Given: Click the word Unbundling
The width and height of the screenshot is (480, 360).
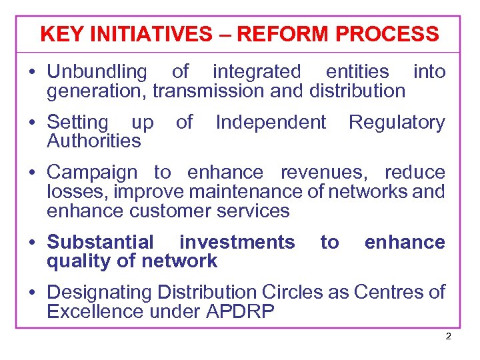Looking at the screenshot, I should pos(97,72).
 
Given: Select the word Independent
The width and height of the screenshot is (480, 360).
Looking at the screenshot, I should pos(271,123).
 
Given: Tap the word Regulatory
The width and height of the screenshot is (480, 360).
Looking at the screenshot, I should pos(397,123).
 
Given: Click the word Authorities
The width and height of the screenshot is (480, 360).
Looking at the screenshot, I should pos(94,141).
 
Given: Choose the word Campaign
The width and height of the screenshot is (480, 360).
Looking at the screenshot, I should pos(92,173).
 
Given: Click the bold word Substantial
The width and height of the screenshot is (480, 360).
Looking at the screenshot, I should pos(100,243).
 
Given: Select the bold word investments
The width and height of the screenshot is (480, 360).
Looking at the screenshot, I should pos(237,243).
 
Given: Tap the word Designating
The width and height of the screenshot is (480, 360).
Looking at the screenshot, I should pos(100,293).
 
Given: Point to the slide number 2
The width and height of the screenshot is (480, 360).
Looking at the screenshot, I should pos(448,337).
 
